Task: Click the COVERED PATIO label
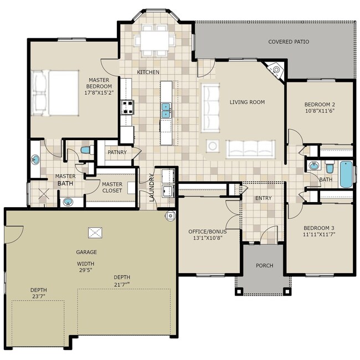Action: tap(289, 42)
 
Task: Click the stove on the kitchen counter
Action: tap(127, 106)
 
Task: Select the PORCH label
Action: tap(264, 265)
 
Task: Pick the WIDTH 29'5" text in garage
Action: tap(86, 268)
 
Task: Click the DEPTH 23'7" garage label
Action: tap(38, 294)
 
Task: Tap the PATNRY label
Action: tap(117, 152)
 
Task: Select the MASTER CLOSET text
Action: tap(112, 188)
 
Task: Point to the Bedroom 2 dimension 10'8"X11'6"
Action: tap(320, 111)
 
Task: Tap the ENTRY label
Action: tap(263, 198)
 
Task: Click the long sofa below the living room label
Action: tap(251, 148)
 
